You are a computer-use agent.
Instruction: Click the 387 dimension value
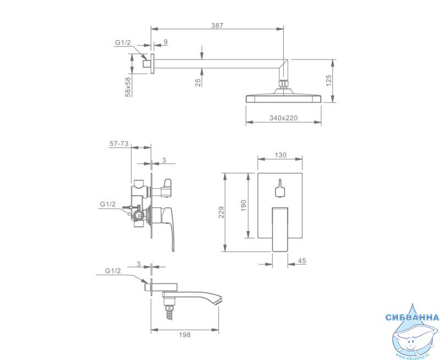[217, 25]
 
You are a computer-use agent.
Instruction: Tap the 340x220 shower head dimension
[283, 118]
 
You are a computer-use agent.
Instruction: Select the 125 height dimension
[329, 80]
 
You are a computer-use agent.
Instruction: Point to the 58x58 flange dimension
[128, 87]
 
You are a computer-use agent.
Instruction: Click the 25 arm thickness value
[198, 83]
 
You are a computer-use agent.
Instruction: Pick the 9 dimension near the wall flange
[166, 42]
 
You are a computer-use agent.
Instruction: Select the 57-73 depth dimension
[119, 144]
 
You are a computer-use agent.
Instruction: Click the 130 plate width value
[280, 155]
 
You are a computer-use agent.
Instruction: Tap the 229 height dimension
[222, 212]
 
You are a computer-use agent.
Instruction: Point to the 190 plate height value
[243, 205]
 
